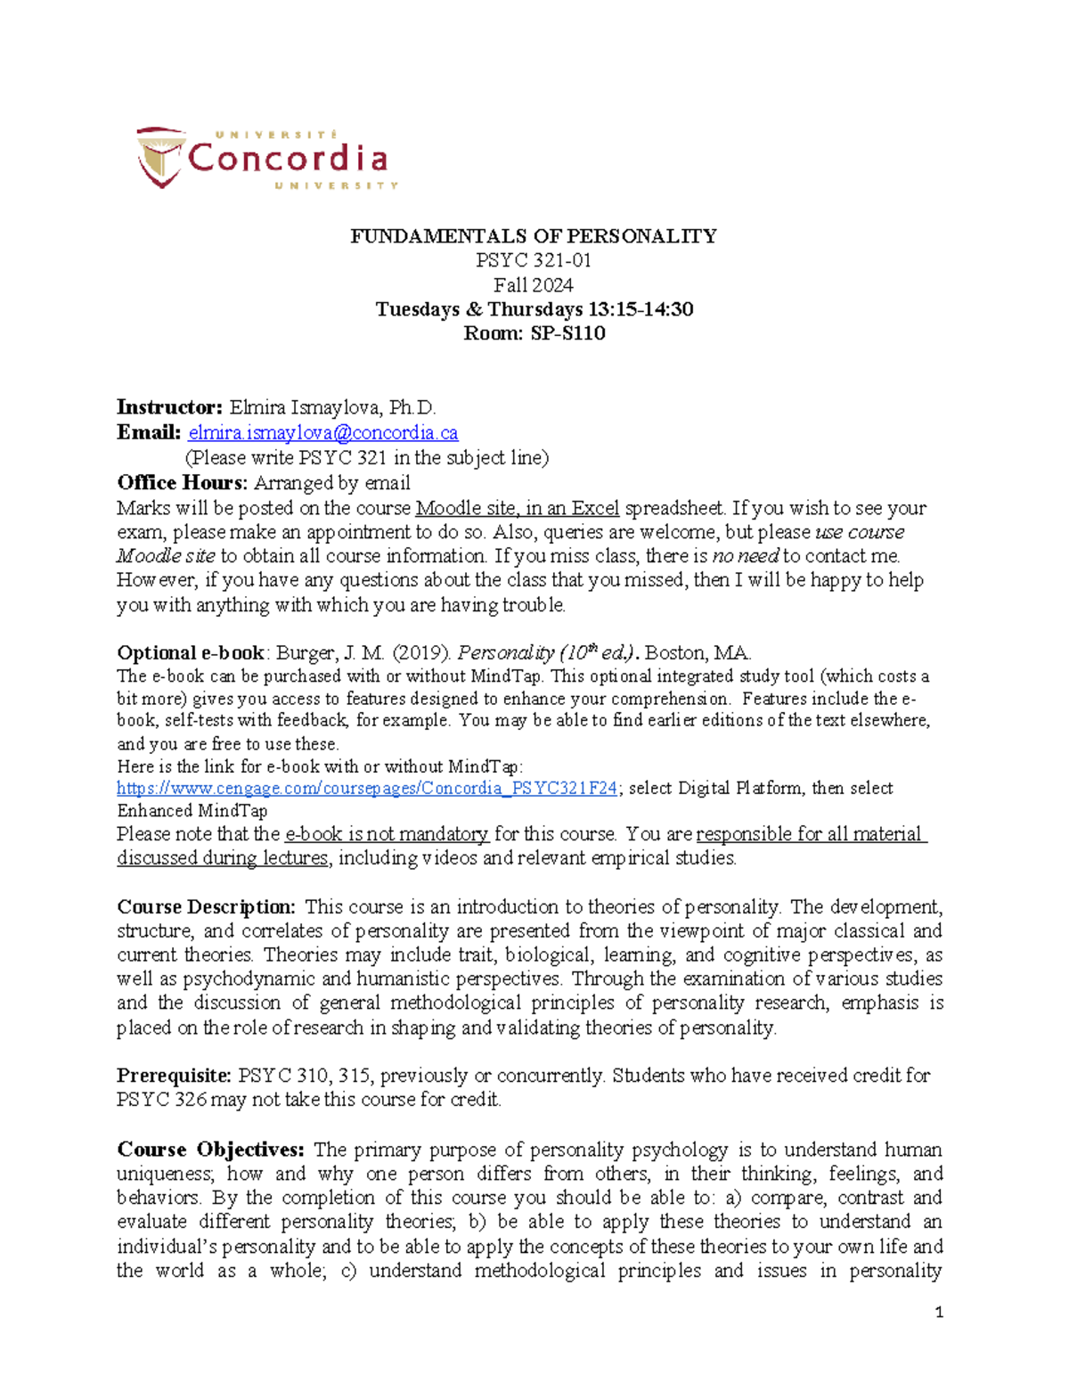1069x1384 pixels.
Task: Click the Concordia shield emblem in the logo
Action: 160,157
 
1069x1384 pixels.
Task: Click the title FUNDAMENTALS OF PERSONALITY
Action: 533,236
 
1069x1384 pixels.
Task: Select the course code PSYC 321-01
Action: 533,260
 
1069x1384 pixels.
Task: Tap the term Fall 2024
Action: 533,285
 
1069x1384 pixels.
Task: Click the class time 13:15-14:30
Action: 641,309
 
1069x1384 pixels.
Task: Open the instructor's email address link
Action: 323,433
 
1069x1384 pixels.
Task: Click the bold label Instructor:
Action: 169,408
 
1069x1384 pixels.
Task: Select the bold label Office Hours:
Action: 182,483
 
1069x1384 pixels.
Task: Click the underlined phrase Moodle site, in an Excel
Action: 517,508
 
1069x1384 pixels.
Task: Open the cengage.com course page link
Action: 367,789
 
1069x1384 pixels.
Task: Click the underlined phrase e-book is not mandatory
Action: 387,834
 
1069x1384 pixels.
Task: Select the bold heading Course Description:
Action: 206,907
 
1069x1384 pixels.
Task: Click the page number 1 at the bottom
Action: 939,1312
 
